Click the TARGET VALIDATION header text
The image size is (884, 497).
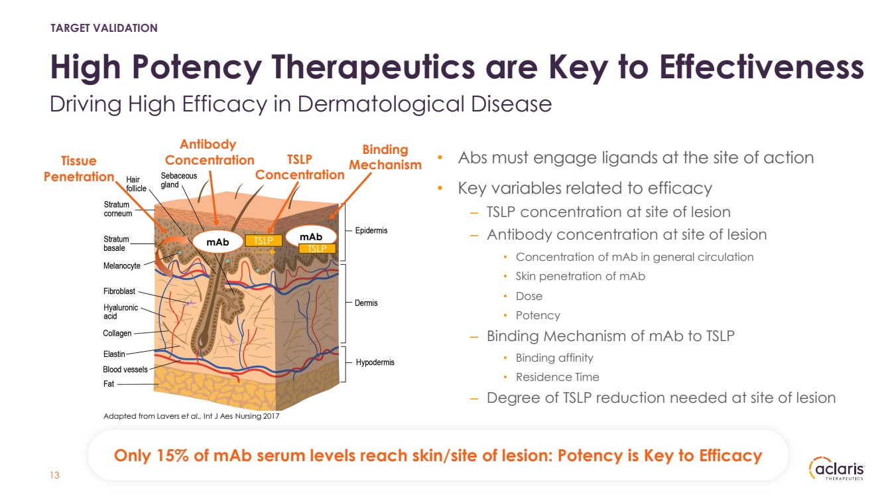(104, 28)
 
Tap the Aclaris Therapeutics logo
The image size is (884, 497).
(837, 469)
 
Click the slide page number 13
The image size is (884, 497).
(54, 475)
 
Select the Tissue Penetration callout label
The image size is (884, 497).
(79, 169)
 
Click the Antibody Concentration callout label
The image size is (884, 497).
(209, 152)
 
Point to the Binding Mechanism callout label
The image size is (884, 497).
(385, 157)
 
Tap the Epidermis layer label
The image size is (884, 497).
(371, 230)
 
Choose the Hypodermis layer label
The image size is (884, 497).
(375, 362)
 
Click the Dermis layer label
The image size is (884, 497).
(366, 303)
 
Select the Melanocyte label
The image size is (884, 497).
(122, 265)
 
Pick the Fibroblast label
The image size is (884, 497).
(119, 291)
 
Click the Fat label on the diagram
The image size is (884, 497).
(109, 384)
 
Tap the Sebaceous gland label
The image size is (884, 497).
(179, 180)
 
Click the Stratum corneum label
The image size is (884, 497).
(117, 209)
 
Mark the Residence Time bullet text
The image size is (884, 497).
(557, 377)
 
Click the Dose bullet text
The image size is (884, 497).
(529, 296)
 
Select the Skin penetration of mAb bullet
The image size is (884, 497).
(580, 276)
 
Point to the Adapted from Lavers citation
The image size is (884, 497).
(191, 416)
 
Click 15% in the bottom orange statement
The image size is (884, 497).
(172, 456)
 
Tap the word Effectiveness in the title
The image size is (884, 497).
(762, 67)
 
